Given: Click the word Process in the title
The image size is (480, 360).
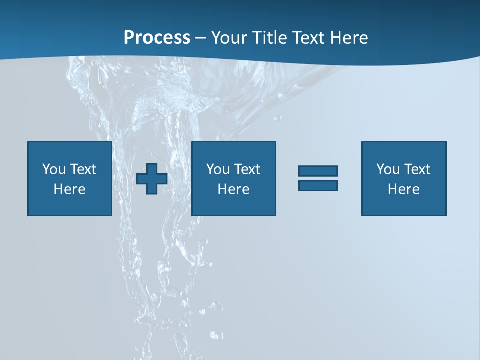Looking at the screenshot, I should [x=157, y=38].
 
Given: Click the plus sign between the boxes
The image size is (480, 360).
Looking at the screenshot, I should [x=152, y=179].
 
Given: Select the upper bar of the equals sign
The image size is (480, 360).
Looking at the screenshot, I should [x=318, y=171].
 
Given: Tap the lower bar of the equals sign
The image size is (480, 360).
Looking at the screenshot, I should [x=318, y=185].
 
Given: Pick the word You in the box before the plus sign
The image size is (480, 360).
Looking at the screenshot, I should [x=54, y=169].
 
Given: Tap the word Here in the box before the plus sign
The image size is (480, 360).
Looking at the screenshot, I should [x=69, y=189].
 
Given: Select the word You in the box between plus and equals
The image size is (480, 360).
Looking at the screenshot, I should [x=218, y=169].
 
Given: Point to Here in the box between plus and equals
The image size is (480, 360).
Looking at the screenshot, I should [x=233, y=189].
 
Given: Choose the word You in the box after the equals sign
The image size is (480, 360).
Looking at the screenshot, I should [x=388, y=169].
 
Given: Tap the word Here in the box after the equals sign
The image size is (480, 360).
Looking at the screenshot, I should [x=403, y=189].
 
